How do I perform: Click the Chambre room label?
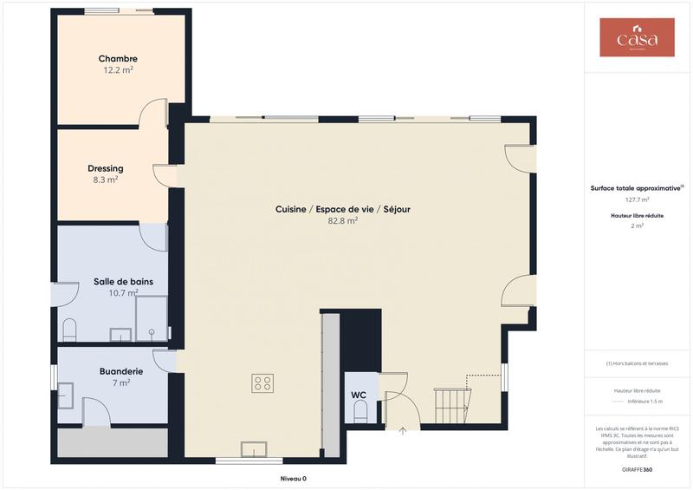coord(118,59)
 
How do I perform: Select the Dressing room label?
coord(106,168)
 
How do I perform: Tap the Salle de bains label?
coord(123,282)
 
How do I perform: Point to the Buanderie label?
coord(121,370)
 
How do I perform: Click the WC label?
coord(359,395)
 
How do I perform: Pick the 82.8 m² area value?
coord(343,221)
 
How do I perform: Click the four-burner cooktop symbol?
coord(262,383)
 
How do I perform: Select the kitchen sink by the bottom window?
coord(255,448)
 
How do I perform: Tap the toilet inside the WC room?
coord(361,415)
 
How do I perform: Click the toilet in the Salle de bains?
coord(70,329)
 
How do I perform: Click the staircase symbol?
coord(453,403)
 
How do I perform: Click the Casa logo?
coord(637,38)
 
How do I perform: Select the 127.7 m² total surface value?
coord(637,199)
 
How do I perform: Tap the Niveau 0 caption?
coord(293,479)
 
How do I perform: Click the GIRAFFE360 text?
coord(637,469)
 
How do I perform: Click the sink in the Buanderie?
coord(66,395)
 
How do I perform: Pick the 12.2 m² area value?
coord(118,70)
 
